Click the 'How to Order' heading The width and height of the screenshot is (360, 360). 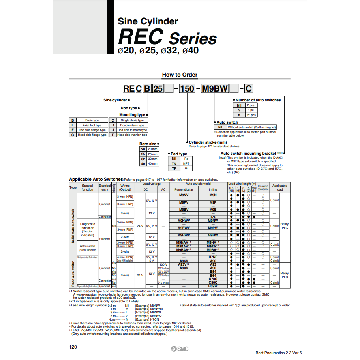(180, 75)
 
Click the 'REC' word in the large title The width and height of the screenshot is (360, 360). (141, 37)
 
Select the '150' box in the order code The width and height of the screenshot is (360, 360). (187, 88)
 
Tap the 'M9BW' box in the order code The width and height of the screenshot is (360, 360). (215, 88)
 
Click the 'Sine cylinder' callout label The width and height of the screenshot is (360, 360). (115, 100)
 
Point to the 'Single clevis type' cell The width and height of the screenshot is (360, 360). (132, 120)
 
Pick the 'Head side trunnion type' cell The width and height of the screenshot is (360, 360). (132, 135)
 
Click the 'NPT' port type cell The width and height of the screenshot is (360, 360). (186, 163)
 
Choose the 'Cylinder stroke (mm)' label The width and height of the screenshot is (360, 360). (208, 142)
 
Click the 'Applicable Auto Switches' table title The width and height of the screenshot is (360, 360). (96, 179)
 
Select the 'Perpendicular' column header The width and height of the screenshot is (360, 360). (184, 189)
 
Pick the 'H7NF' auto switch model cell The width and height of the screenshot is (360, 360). (213, 257)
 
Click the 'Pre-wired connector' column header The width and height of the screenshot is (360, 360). (263, 187)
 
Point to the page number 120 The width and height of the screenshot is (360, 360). (73, 347)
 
